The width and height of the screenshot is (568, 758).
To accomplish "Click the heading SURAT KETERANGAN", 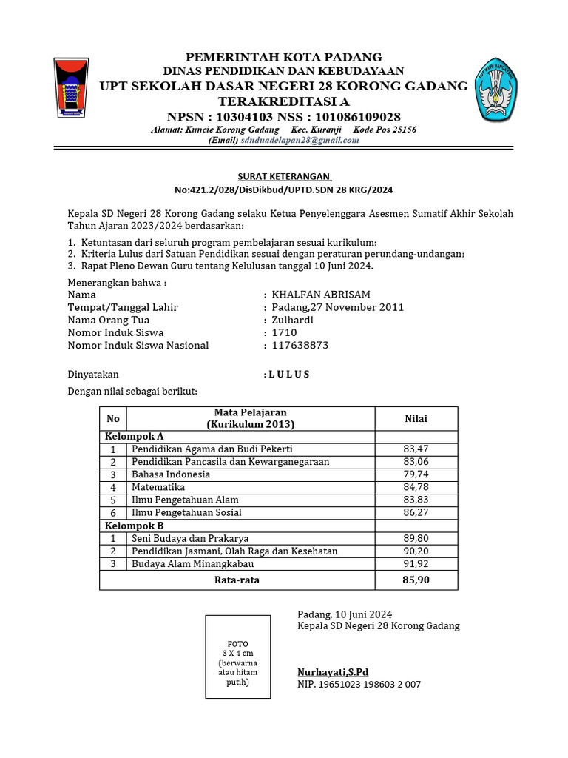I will pyautogui.click(x=284, y=177).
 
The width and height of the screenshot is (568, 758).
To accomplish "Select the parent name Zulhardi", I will pyautogui.click(x=293, y=320).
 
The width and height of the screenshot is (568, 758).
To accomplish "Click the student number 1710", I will pyautogui.click(x=285, y=332).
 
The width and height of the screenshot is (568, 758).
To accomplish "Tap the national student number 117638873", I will pyautogui.click(x=300, y=345).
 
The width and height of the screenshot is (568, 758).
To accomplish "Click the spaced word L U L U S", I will pyautogui.click(x=289, y=375).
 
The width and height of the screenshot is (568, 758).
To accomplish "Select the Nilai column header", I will pyautogui.click(x=416, y=419).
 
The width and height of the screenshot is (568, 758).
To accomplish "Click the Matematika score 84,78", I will pyautogui.click(x=416, y=487).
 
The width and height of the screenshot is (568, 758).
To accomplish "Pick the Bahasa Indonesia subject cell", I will pyautogui.click(x=171, y=474).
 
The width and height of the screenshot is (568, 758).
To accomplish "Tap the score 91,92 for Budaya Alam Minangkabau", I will pyautogui.click(x=416, y=563).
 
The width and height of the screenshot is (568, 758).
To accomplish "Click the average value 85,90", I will pyautogui.click(x=416, y=580).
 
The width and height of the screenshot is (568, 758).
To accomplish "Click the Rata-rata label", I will pyautogui.click(x=237, y=580).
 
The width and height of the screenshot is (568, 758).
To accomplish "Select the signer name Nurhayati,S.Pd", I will pyautogui.click(x=333, y=672).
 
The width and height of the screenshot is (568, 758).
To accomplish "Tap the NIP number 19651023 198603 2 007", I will pyautogui.click(x=359, y=685).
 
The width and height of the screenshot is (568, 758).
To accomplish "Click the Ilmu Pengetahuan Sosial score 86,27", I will pyautogui.click(x=416, y=512).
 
